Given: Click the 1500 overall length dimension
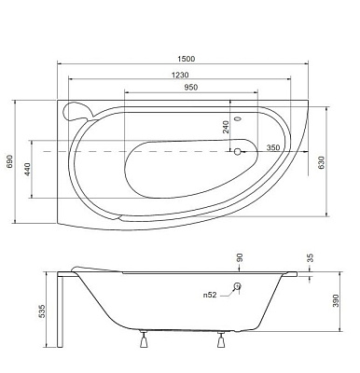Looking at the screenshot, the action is coord(186,59).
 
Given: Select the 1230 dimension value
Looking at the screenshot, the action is coord(180,75).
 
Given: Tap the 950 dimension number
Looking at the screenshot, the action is coord(190,88).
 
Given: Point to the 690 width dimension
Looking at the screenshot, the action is coord(9,161).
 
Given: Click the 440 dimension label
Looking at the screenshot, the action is coord(28,170).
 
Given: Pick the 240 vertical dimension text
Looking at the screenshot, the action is coord(226,127).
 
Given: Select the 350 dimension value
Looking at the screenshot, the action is coord(273,147).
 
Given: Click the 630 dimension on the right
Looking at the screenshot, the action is coord(321,162).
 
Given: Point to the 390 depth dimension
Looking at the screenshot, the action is coord(337,300).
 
